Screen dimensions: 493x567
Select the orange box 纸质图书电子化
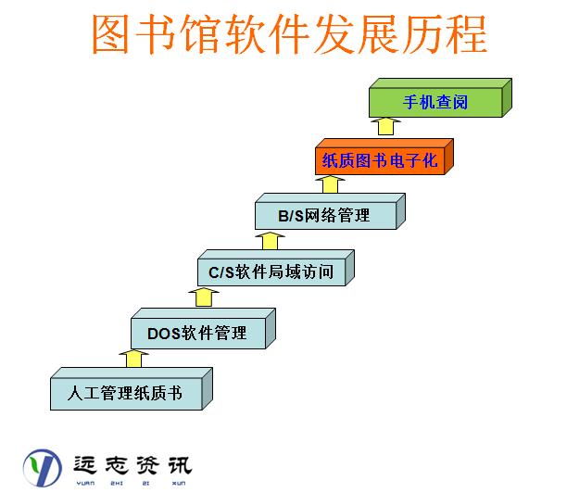coord(379,159)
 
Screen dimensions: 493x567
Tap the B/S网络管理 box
coord(325,216)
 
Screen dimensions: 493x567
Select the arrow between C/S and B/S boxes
coord(270,240)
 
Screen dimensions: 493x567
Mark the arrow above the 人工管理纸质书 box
coord(135,358)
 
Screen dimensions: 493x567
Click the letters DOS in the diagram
coord(164,333)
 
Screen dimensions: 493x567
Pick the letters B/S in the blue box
coord(291,216)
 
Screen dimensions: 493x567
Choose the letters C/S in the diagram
coord(221,272)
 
